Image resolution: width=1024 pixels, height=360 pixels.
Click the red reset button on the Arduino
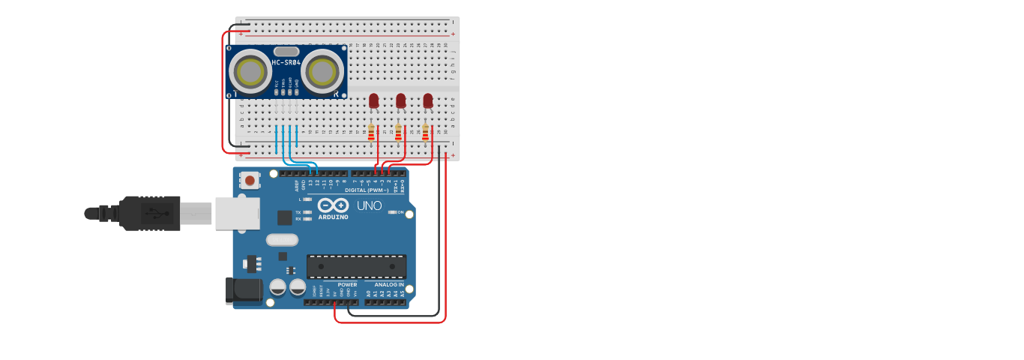250,181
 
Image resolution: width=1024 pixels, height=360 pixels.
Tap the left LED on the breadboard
373,100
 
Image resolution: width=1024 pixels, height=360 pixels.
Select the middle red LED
400,100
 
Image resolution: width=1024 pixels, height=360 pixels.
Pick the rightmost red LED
427,100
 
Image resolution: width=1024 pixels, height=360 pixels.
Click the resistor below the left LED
371,133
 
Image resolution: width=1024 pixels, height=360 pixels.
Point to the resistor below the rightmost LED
425,133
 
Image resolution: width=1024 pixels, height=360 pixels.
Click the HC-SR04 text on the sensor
286,62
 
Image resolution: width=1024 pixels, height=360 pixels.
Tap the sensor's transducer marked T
250,72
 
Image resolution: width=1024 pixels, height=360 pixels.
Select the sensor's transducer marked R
322,72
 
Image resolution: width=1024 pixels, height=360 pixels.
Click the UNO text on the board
369,205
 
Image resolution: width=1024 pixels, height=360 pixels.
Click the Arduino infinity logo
333,205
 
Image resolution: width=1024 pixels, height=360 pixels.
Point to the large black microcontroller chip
357,266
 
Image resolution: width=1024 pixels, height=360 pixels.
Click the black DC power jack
244,291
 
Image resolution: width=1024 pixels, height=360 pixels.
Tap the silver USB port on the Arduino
237,213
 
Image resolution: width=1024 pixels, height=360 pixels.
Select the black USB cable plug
150,213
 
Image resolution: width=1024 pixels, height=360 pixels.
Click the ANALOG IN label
389,285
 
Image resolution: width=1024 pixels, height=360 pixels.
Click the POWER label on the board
347,285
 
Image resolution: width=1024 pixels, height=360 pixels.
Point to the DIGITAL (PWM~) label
367,190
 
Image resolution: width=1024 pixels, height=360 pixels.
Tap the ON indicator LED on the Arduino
393,212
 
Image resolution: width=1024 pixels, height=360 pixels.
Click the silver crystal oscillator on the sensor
286,51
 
